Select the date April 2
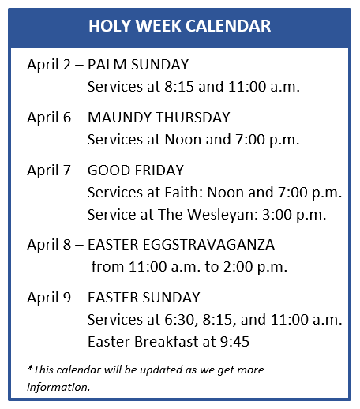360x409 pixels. pyautogui.click(x=49, y=65)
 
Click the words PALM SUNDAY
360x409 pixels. pyautogui.click(x=138, y=65)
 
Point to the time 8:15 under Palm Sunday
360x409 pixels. pyautogui.click(x=179, y=87)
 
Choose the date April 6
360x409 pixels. pyautogui.click(x=49, y=118)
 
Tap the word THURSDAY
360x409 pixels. pyautogui.click(x=193, y=118)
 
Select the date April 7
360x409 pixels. pyautogui.click(x=49, y=171)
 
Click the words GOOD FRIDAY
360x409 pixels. pyautogui.click(x=136, y=171)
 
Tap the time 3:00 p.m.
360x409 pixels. pyautogui.click(x=294, y=215)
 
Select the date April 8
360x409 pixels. pyautogui.click(x=49, y=245)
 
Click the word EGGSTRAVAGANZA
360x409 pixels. pyautogui.click(x=208, y=245)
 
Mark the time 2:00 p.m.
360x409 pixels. pyautogui.click(x=255, y=267)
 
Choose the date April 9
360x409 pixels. pyautogui.click(x=49, y=298)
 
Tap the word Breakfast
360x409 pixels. pyautogui.click(x=167, y=342)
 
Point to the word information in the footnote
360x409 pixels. pyautogui.click(x=58, y=387)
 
